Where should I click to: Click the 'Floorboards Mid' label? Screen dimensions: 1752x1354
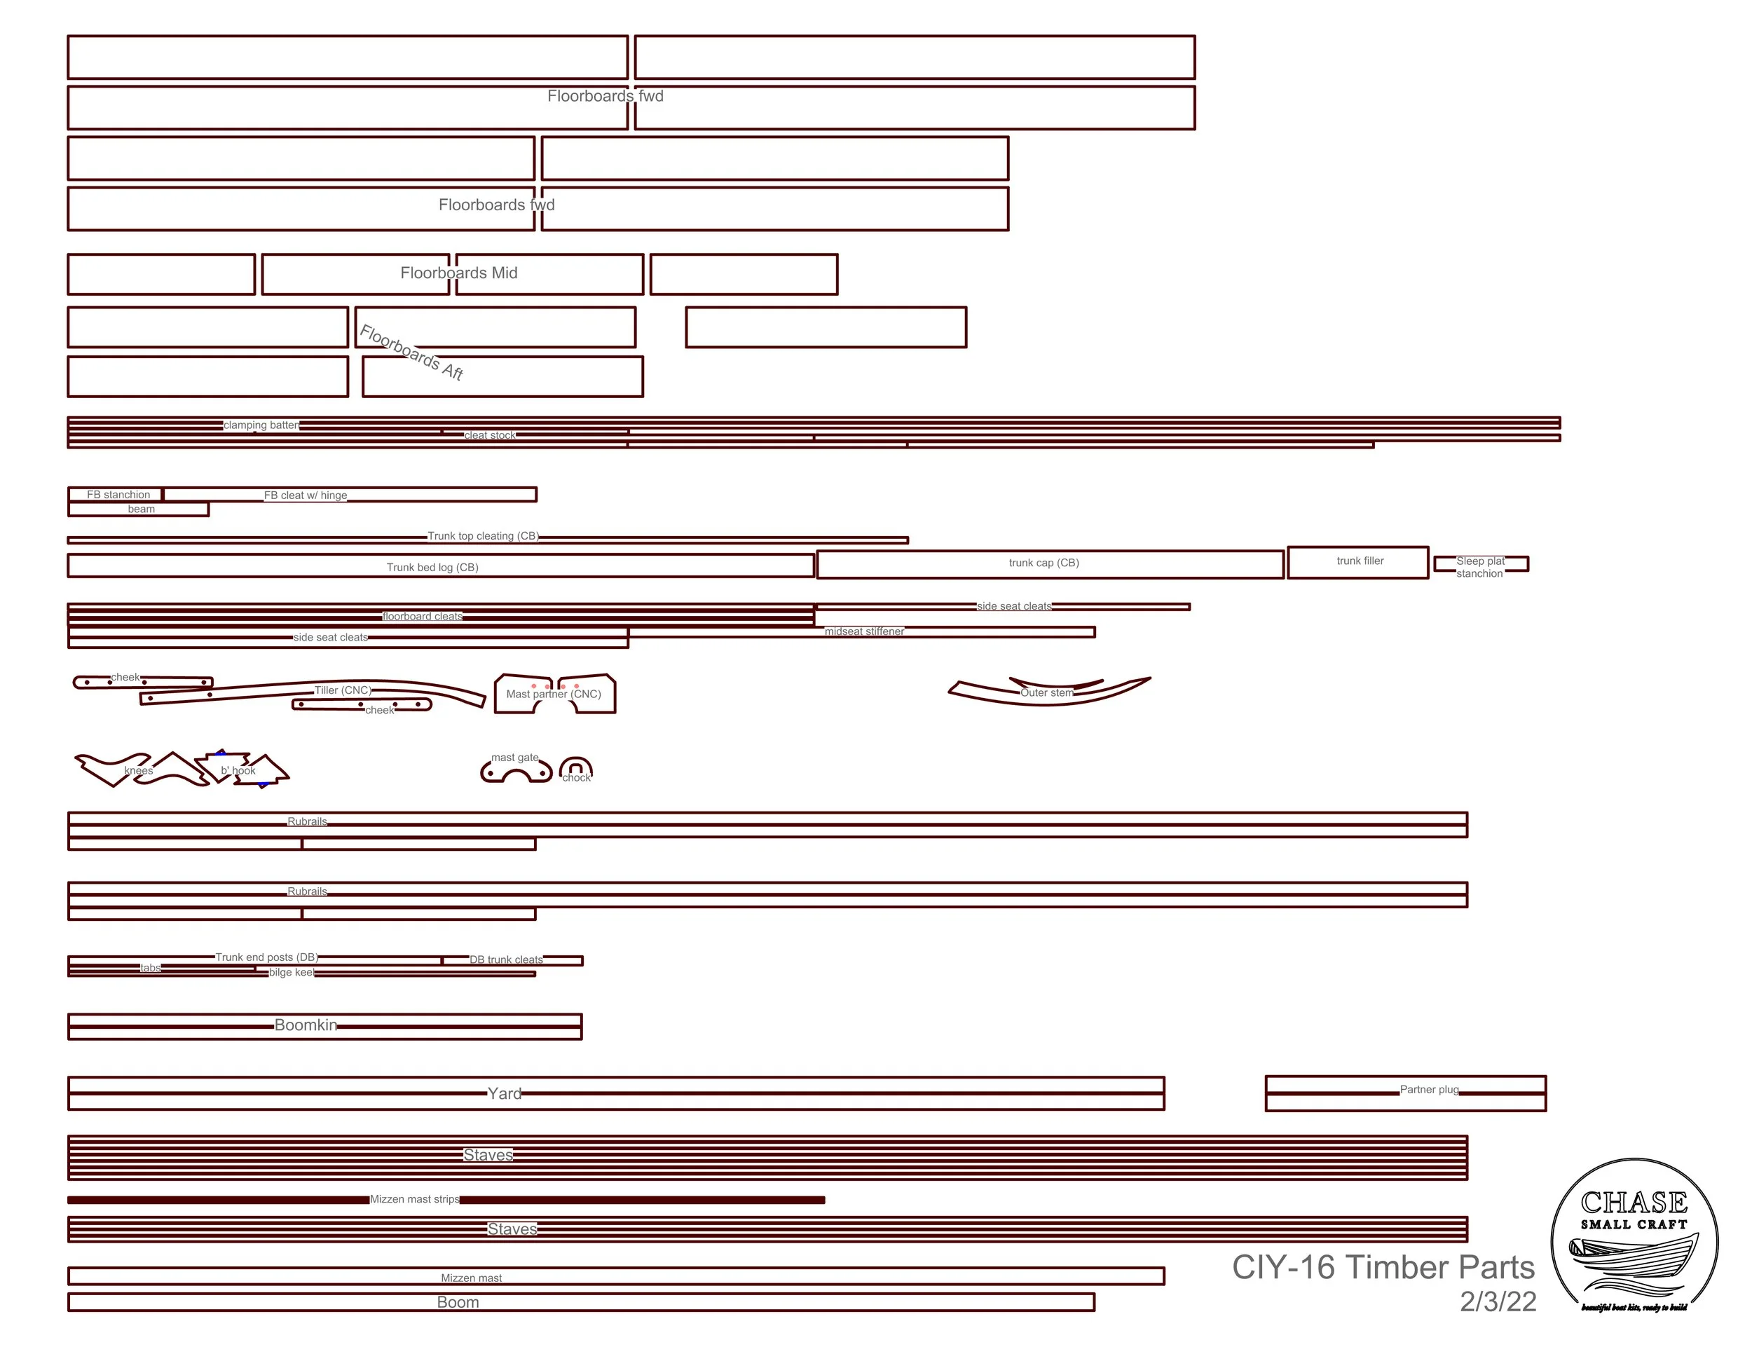point(459,273)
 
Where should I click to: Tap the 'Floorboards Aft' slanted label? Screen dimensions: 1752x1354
point(411,352)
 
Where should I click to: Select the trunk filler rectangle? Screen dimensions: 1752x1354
point(1359,561)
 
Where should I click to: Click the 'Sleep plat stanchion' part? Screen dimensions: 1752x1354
point(1480,566)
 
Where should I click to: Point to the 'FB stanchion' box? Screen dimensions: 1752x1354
point(117,495)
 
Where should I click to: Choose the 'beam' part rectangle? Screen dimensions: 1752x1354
point(140,510)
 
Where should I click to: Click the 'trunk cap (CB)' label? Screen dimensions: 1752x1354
point(1043,563)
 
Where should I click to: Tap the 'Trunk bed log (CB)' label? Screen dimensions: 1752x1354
point(432,567)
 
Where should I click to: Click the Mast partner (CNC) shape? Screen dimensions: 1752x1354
point(554,695)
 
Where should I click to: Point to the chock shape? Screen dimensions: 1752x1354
point(575,770)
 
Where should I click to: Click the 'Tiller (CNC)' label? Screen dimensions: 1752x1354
point(343,690)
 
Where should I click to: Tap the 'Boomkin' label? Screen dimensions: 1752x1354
point(306,1025)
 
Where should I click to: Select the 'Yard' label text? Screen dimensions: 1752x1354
point(505,1093)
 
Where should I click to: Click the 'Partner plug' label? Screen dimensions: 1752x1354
point(1429,1089)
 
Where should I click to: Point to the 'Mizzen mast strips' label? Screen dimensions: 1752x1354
point(414,1199)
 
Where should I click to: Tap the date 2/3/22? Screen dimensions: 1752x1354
point(1498,1301)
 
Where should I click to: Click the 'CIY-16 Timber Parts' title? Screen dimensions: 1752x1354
point(1383,1267)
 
